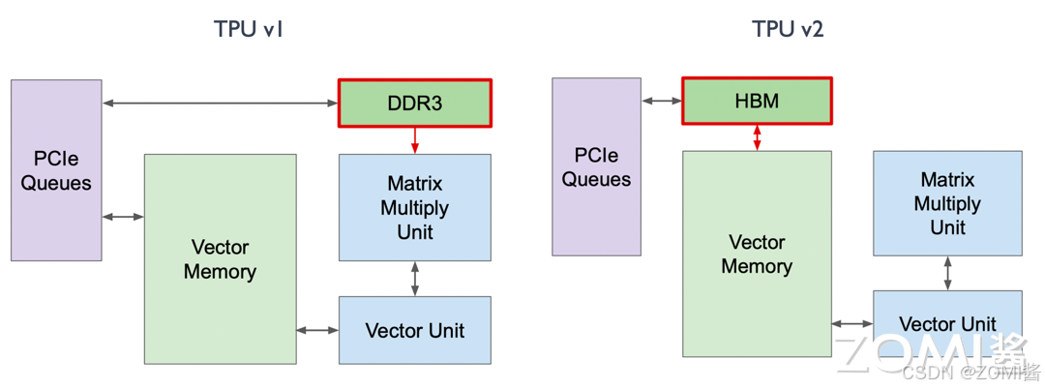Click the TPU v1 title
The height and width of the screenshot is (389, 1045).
click(248, 29)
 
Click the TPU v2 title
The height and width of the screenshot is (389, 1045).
click(788, 29)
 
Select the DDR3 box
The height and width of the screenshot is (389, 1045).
click(414, 103)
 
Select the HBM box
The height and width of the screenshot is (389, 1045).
click(757, 101)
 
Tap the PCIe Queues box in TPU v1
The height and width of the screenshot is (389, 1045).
click(56, 170)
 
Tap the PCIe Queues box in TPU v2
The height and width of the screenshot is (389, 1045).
click(596, 166)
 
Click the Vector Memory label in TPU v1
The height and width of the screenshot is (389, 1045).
click(220, 259)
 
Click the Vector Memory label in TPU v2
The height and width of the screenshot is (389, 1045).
click(757, 254)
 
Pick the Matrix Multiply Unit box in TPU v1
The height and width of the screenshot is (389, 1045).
click(414, 207)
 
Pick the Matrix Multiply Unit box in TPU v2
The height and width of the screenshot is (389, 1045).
click(947, 203)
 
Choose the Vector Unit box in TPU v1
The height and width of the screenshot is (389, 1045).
click(414, 330)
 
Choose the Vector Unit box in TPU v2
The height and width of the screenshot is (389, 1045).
click(947, 324)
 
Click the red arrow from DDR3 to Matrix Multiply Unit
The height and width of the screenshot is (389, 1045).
click(414, 140)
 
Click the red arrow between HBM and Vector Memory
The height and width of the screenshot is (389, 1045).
click(757, 137)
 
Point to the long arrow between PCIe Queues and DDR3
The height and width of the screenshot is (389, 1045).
click(220, 103)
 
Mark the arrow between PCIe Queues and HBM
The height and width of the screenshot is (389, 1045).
click(661, 101)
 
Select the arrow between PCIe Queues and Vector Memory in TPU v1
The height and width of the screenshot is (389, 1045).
click(123, 217)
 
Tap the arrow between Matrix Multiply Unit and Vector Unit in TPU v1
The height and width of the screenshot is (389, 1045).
click(414, 279)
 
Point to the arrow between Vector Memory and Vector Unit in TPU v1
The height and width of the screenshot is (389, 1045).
click(317, 330)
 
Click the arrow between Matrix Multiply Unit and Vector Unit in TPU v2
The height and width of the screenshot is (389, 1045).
click(947, 273)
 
